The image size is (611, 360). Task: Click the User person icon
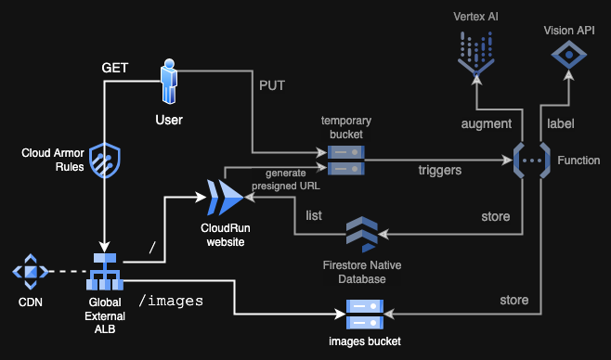(169, 83)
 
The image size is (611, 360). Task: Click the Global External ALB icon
(105, 271)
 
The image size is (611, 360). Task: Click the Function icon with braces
(530, 160)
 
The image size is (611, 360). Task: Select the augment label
(486, 123)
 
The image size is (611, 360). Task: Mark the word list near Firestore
(314, 214)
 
